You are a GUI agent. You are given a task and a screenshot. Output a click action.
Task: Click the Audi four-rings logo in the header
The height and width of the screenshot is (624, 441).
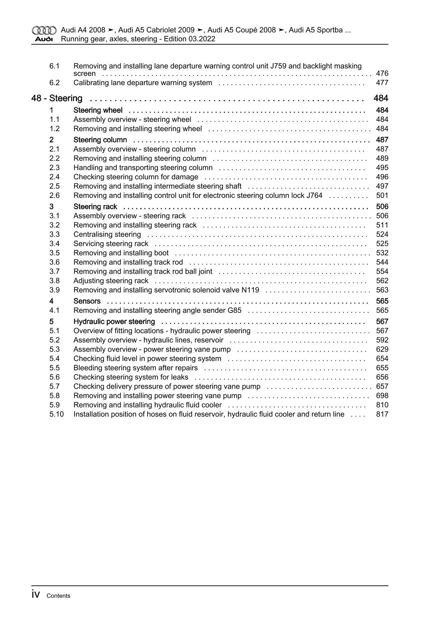[44, 30]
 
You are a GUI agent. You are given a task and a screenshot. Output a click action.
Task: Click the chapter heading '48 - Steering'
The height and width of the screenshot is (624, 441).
[57, 98]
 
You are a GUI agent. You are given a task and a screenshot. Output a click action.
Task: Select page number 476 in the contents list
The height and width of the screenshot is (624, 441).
[382, 74]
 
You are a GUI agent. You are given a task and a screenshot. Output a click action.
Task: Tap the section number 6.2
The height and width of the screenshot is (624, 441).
[54, 83]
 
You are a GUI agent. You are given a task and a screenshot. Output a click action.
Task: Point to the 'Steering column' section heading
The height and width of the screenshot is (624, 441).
[100, 140]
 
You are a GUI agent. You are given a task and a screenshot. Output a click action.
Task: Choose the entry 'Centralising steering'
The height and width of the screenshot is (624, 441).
[107, 235]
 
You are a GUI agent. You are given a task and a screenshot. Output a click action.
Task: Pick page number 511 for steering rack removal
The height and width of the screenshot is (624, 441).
[382, 225]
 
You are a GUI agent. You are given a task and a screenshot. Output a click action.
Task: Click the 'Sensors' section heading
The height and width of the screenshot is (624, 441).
[87, 301]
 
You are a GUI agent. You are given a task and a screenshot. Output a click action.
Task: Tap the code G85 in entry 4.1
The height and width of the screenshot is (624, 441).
[234, 310]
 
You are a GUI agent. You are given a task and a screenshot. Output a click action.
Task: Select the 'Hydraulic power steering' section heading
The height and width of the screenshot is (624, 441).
[114, 322]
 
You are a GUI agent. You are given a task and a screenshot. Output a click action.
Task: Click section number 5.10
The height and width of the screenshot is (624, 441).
[57, 414]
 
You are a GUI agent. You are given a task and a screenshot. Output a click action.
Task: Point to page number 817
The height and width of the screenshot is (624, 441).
[382, 414]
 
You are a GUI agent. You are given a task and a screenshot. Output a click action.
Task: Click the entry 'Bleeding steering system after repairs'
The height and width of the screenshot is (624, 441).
[136, 368]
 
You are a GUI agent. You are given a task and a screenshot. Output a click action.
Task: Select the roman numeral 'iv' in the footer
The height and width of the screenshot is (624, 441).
[36, 595]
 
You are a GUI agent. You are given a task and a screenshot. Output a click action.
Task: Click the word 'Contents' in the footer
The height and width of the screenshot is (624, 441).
[58, 596]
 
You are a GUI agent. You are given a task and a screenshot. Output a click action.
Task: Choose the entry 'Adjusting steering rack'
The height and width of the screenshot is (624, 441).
[111, 281]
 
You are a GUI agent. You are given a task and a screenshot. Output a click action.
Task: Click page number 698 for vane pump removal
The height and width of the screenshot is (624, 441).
[382, 396]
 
